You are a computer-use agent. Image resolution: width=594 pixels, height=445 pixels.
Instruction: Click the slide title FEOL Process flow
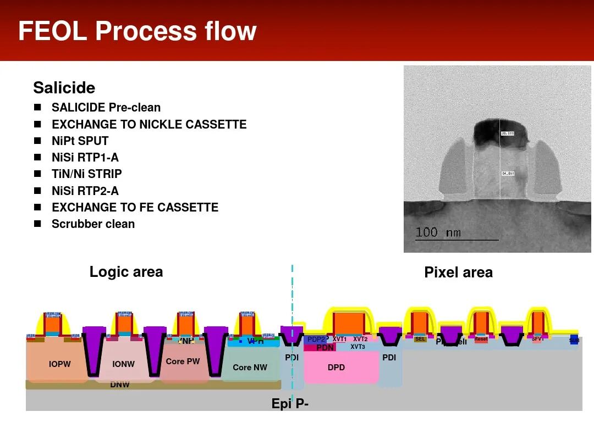(137, 31)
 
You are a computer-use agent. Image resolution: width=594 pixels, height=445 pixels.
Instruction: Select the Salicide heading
(64, 88)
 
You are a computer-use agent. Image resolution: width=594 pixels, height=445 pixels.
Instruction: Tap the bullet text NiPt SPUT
(80, 141)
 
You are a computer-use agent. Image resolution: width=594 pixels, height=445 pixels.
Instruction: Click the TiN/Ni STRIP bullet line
(86, 174)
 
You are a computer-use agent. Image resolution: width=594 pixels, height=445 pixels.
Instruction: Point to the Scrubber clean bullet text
(93, 224)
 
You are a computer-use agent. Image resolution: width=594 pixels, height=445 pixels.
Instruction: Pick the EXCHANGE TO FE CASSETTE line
(135, 208)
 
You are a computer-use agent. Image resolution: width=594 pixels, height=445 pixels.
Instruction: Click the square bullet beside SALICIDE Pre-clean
(37, 108)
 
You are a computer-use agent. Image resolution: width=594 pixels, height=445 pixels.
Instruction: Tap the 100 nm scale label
(438, 232)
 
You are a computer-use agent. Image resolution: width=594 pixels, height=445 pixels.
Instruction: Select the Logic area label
(126, 272)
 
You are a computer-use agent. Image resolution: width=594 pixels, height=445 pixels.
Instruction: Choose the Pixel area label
(458, 272)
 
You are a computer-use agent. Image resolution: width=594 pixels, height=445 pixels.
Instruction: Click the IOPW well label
(59, 364)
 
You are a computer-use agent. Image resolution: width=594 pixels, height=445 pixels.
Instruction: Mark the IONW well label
(123, 364)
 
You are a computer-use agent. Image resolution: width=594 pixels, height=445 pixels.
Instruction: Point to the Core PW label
(183, 361)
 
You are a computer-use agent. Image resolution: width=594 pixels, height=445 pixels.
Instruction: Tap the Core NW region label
(250, 368)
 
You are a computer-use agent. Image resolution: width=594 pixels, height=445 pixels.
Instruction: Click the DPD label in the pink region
(336, 368)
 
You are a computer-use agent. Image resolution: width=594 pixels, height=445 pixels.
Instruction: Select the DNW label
(119, 385)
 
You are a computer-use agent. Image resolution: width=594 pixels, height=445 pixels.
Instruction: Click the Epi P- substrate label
(290, 404)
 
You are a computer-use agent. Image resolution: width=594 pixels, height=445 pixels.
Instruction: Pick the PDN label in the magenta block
(325, 348)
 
